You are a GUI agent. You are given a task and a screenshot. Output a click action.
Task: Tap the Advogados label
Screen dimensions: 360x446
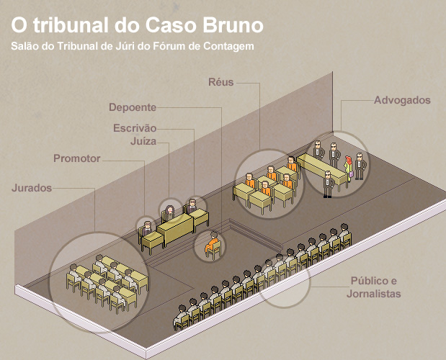401,100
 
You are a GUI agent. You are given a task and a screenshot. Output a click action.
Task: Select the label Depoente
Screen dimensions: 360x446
133,108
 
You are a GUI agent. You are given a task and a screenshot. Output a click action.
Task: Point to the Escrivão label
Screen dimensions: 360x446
135,128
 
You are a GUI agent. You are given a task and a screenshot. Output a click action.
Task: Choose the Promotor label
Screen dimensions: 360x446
77,158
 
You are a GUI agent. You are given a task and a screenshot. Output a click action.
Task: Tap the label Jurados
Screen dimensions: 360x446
32,188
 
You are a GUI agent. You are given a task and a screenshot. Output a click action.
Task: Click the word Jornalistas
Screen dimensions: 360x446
373,294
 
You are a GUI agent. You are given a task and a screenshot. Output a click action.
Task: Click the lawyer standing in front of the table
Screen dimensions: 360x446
328,184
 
